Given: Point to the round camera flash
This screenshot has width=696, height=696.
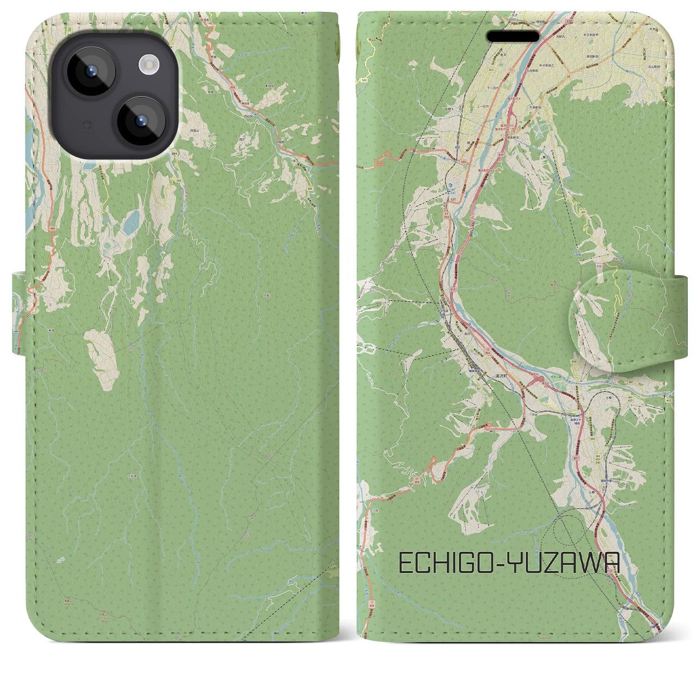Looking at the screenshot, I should tap(148, 65).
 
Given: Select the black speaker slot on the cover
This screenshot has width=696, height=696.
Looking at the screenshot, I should tap(513, 36).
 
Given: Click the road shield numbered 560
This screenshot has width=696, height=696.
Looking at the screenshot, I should tap(362, 80).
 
